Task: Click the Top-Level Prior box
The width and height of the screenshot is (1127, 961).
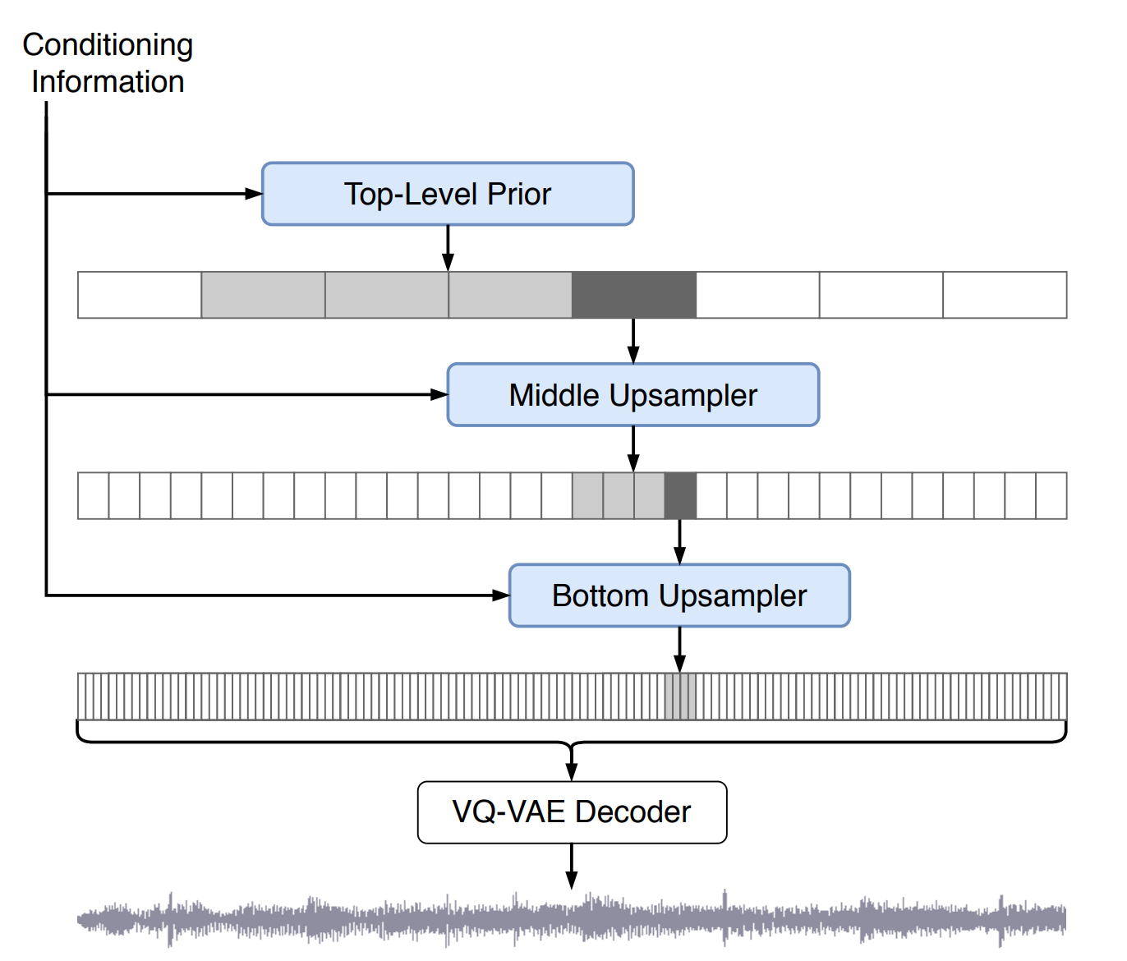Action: pos(448,194)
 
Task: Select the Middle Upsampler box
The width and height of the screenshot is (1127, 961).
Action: pos(632,395)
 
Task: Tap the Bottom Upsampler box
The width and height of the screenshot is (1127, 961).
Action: pos(679,595)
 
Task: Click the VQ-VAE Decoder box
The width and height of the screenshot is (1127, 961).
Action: pos(572,812)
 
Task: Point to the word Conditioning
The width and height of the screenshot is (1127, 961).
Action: pos(108,45)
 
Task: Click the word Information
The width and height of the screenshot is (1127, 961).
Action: pos(108,82)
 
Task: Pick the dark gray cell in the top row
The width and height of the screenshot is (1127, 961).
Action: pos(633,295)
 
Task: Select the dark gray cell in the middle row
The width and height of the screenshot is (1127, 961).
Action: pos(680,495)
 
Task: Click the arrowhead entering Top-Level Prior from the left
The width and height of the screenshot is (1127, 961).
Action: pos(254,194)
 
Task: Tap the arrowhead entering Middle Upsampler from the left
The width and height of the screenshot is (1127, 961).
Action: pos(439,394)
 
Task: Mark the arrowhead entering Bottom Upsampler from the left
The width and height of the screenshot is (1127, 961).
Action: pos(501,595)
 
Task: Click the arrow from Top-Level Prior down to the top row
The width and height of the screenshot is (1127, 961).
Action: pos(448,247)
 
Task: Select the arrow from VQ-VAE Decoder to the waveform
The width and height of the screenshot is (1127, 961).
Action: pos(572,866)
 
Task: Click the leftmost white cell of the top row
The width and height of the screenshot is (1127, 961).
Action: pos(140,295)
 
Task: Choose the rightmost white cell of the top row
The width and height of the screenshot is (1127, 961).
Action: pos(1005,295)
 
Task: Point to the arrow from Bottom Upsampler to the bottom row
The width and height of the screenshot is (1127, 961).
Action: pos(679,650)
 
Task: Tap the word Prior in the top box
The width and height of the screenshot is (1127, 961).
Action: pos(519,194)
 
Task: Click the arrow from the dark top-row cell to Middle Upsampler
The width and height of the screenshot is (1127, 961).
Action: pos(633,340)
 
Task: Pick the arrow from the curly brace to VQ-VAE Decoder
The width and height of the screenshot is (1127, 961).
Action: pos(572,764)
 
